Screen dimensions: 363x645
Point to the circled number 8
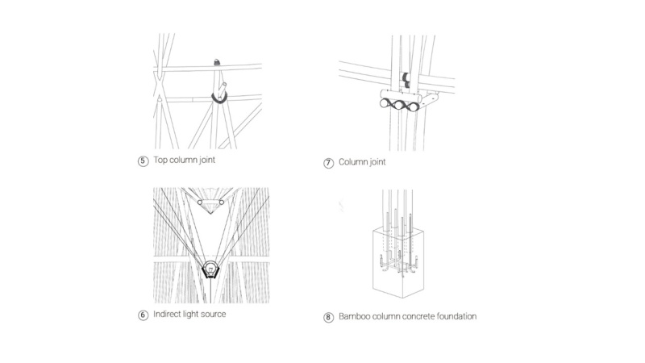click(x=328, y=317)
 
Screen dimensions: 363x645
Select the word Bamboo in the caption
click(x=356, y=317)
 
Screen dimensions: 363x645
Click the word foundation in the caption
click(x=453, y=317)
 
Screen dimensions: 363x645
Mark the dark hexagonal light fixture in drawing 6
click(x=210, y=268)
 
